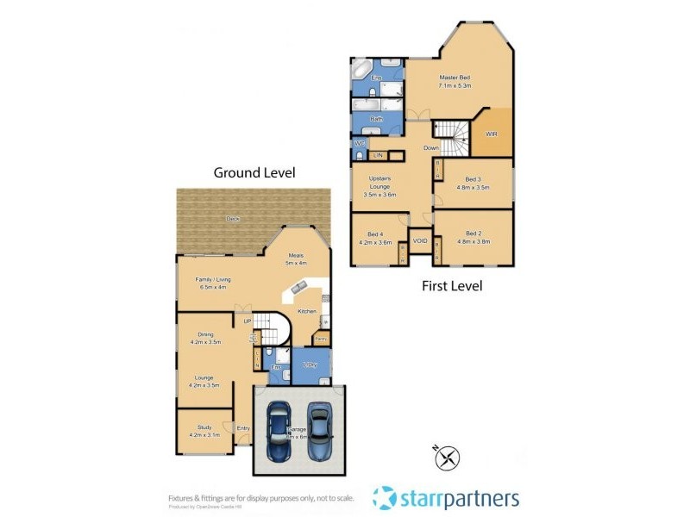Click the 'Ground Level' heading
[254, 172]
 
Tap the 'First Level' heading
[451, 285]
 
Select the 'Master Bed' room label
[454, 78]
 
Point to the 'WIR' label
[492, 134]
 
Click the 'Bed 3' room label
[472, 179]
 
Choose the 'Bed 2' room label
[472, 234]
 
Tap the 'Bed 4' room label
[374, 234]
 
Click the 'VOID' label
[421, 240]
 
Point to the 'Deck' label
[233, 219]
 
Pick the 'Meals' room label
[295, 255]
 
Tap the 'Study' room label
[204, 428]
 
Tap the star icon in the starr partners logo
[385, 497]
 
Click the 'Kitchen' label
[307, 310]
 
